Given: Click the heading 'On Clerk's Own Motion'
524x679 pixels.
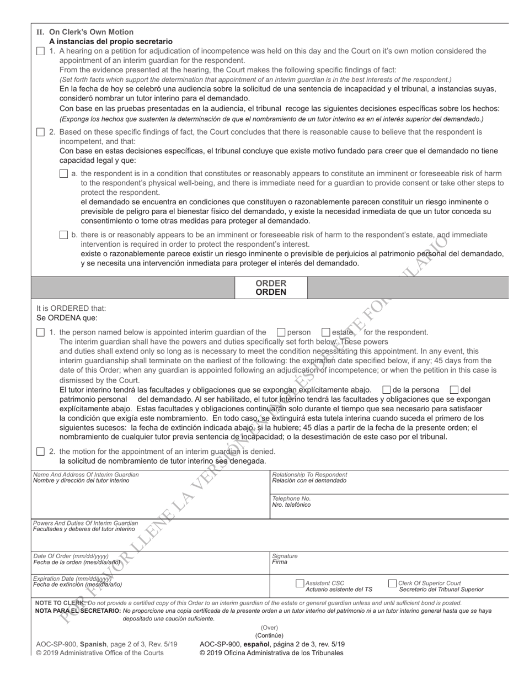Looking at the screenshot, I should (x=91, y=32).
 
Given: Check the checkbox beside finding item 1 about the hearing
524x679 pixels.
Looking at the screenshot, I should (x=40, y=51).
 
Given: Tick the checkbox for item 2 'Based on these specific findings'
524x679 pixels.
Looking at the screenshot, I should (x=40, y=132).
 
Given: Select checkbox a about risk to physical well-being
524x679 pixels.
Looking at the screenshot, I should (x=63, y=173).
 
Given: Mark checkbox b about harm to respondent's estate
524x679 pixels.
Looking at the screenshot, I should (x=63, y=235).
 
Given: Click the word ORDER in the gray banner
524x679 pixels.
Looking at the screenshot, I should (x=270, y=283).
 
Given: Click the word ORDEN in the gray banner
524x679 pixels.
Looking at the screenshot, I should (x=270, y=292).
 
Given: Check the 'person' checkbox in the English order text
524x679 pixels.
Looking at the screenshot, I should (x=281, y=332).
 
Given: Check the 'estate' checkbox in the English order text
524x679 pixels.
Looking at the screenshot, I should (x=325, y=332).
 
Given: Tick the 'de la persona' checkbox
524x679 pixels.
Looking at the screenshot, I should (x=386, y=390).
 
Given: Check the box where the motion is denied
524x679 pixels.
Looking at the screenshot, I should (x=40, y=452).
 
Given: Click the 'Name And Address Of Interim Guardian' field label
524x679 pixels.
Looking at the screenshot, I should (x=86, y=474).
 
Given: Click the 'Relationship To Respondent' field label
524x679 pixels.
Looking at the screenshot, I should (x=309, y=474).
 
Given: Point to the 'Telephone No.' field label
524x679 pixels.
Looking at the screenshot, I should (x=291, y=498).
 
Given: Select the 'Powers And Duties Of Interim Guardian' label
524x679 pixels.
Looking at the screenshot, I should (x=85, y=523).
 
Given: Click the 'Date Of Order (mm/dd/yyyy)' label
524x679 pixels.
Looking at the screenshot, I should (x=71, y=556).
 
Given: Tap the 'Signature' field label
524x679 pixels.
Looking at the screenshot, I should (x=285, y=556).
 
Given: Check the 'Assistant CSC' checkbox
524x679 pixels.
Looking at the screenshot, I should (x=300, y=583).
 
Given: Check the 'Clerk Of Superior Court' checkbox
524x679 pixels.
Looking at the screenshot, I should (x=392, y=583).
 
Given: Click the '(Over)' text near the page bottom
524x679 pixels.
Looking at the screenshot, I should (x=269, y=628).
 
